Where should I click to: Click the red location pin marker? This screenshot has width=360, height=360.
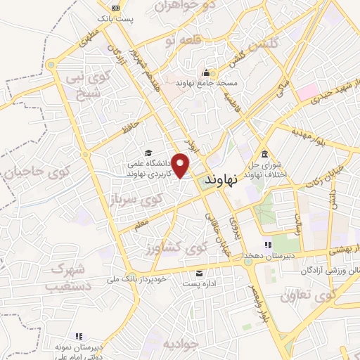181,165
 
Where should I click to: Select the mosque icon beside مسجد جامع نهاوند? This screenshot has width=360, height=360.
206,72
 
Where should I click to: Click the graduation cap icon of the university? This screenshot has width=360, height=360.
148,153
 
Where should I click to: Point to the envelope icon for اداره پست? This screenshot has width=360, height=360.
200,273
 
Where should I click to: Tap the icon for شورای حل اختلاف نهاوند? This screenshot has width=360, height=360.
264,155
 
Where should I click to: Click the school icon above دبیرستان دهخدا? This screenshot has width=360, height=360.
266,244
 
